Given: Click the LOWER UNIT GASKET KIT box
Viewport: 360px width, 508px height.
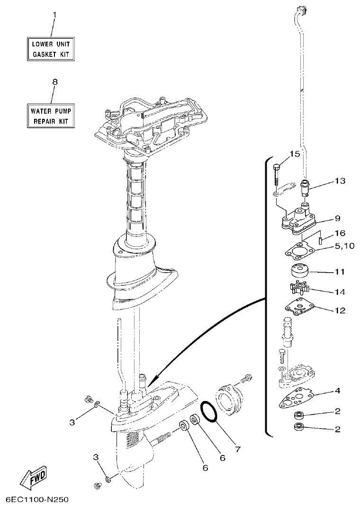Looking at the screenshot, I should pos(50,49).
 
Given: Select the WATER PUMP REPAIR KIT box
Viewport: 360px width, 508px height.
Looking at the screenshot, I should pos(50,116).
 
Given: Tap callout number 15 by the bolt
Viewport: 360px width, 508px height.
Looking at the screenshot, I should pos(295,154).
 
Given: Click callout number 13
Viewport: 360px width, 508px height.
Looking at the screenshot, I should pos(340,181).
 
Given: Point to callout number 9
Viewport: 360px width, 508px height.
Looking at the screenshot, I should pos(337,218).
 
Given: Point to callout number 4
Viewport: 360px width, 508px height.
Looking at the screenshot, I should pos(337,391).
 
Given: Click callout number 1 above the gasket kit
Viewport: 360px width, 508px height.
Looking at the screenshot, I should pos(54,15).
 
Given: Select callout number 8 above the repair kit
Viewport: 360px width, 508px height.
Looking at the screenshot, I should pos(54,82).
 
